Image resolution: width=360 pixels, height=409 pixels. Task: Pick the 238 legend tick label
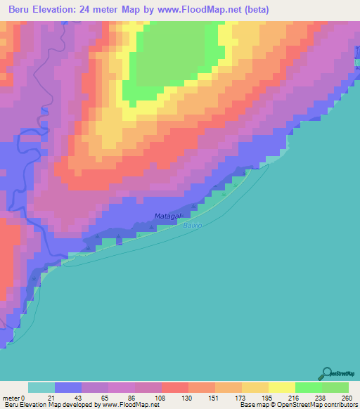coord(319,398)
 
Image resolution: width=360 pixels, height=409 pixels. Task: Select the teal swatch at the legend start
coord(41,387)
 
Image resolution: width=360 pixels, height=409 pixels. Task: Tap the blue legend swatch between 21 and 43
coord(68,387)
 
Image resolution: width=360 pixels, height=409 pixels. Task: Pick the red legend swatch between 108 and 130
coord(175,387)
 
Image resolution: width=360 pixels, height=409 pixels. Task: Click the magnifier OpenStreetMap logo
coord(326,374)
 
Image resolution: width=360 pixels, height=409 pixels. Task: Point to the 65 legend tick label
coord(105,398)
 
